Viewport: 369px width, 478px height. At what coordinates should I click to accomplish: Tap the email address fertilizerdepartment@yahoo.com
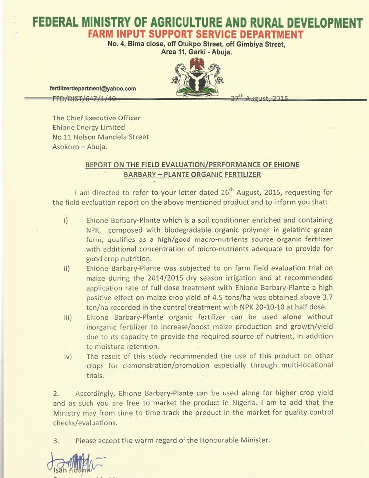[x=93, y=89]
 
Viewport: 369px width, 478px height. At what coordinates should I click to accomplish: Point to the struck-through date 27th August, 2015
[x=260, y=98]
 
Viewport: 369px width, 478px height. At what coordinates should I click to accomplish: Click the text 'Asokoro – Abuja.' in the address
[x=80, y=146]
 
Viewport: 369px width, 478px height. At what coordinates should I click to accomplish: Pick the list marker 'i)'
[x=66, y=221]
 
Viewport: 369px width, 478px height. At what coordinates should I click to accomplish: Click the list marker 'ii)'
[x=67, y=269]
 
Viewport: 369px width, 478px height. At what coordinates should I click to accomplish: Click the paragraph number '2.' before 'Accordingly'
[x=56, y=394]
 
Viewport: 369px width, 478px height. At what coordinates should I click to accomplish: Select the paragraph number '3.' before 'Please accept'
[x=56, y=440]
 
